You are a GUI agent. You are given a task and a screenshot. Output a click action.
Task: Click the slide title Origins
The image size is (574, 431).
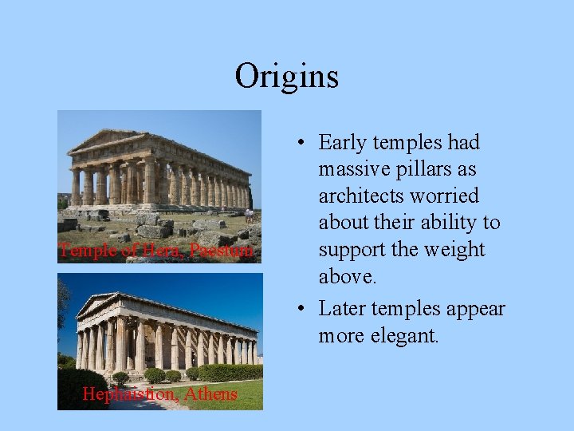click(x=287, y=77)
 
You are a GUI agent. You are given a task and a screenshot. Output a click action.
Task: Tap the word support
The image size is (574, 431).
click(x=353, y=250)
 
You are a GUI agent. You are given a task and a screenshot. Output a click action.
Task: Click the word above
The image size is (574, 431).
click(x=348, y=276)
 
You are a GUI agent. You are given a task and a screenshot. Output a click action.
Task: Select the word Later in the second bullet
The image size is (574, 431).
click(x=343, y=309)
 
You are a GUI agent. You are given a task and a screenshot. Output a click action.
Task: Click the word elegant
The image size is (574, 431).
click(x=407, y=336)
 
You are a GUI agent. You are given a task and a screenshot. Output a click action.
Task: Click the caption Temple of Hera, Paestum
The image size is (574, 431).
click(x=157, y=251)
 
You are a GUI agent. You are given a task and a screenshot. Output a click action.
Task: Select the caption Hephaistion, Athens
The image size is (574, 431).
click(x=159, y=394)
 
